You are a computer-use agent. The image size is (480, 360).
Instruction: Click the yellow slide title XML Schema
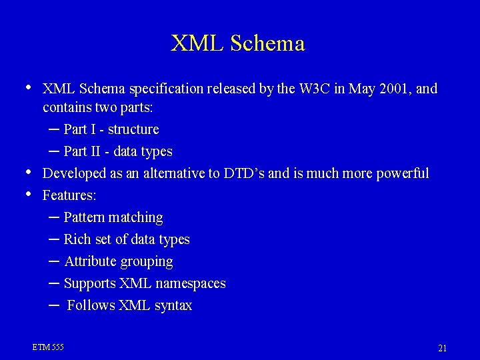pyautogui.click(x=238, y=43)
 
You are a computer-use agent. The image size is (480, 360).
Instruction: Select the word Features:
pyautogui.click(x=69, y=195)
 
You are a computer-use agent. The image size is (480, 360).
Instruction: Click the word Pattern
pyautogui.click(x=85, y=217)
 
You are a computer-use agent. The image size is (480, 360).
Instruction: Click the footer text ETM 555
pyautogui.click(x=48, y=347)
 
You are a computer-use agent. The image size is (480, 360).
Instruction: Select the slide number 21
pyautogui.click(x=442, y=348)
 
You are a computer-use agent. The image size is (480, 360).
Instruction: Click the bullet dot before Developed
pyautogui.click(x=27, y=172)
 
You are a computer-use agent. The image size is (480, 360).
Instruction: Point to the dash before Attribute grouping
pyautogui.click(x=54, y=261)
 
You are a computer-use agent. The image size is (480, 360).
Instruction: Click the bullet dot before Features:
pyautogui.click(x=27, y=194)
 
